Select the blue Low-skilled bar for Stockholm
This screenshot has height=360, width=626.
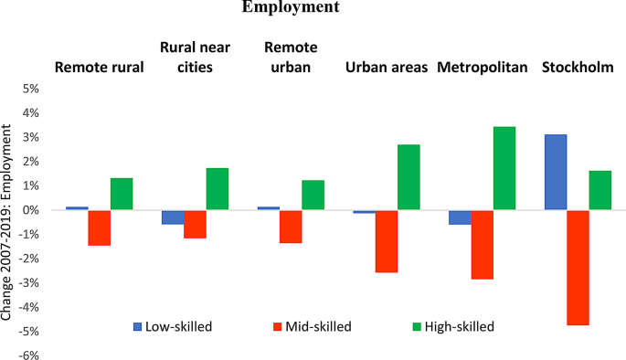555,172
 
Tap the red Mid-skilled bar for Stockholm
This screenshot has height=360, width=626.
578,267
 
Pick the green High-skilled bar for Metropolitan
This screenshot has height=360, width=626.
504,168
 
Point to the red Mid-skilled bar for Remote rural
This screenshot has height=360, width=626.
100,228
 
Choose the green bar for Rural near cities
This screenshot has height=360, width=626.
217,189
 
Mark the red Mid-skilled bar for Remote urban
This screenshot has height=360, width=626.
291,227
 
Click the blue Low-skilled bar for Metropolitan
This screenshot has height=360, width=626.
460,217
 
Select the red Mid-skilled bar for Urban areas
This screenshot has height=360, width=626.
387,241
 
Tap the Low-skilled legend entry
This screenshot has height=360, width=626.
174,325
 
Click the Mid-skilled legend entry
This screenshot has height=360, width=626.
316,325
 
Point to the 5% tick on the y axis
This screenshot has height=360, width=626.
31,90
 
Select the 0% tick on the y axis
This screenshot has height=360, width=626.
31,210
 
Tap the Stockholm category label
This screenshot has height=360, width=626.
578,68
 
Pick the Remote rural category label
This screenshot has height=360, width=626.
100,68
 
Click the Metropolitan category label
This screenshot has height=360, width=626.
483,68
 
